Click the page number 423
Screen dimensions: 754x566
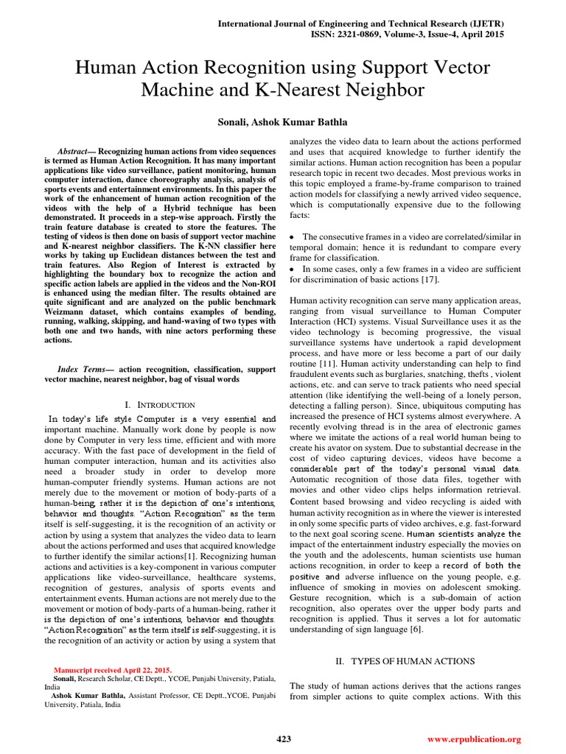coord(283,739)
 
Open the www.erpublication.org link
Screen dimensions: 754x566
coord(474,739)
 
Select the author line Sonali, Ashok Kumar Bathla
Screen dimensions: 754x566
coord(283,121)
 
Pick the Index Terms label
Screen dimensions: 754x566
coord(84,368)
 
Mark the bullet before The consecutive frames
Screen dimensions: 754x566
coord(294,237)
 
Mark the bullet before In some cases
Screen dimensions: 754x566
coord(294,269)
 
